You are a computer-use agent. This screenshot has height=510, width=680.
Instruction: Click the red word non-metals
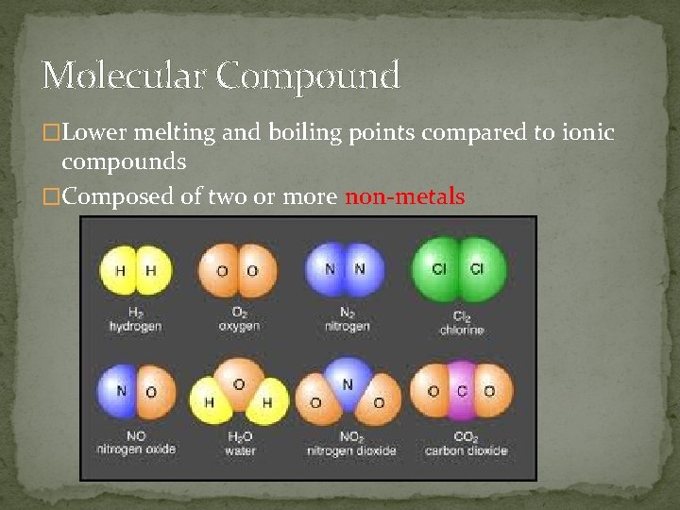404,197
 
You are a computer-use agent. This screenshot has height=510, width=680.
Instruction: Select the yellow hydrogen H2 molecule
135,270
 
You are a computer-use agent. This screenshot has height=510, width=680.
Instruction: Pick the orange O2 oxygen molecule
237,271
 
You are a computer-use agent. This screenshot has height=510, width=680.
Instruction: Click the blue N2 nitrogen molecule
344,269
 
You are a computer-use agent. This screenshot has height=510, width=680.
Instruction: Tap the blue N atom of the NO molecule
120,391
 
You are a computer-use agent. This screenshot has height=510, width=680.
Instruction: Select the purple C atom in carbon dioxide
462,390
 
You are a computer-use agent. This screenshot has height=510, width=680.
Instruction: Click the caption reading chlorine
461,330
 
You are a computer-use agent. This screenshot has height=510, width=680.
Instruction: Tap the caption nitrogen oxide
136,450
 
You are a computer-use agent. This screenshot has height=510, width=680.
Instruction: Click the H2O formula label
240,437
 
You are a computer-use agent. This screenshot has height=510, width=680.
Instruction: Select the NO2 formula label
348,437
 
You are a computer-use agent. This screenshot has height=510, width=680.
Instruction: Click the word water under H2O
240,450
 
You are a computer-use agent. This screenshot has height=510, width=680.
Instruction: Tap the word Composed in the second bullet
112,197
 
